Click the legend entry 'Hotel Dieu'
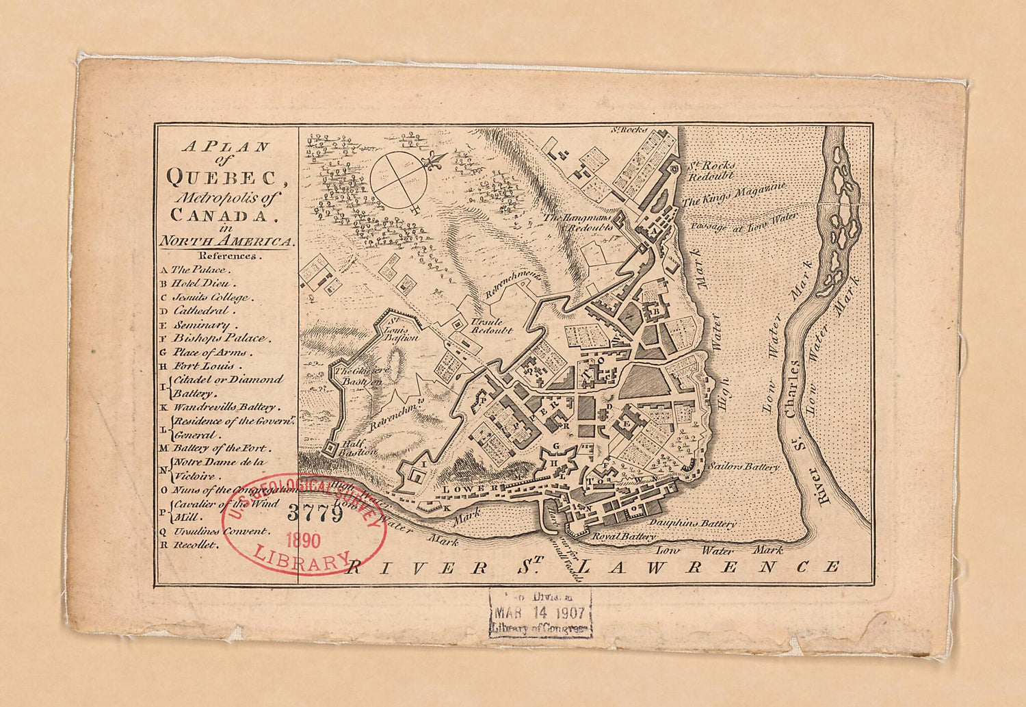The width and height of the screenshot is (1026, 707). coord(203,283)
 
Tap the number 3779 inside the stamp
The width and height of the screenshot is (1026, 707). coord(315,513)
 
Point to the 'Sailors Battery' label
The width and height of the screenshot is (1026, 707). coord(744,467)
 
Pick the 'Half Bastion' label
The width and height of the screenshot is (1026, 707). coord(360,447)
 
